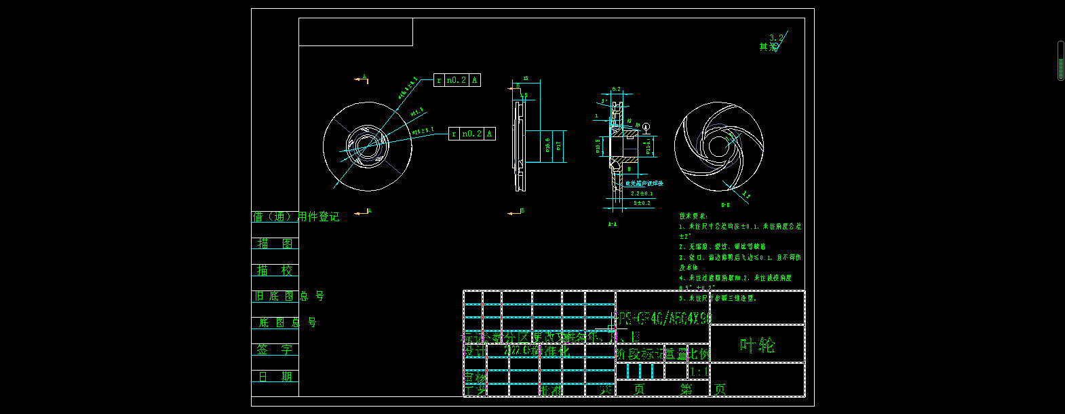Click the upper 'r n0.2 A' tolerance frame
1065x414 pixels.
[x=457, y=80]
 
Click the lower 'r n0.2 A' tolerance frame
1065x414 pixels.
[x=472, y=134]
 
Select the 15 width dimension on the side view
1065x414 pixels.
[x=526, y=79]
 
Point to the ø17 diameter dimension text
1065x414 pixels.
[x=558, y=146]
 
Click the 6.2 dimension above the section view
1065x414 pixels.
[x=616, y=90]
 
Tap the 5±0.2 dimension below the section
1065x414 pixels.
[x=642, y=203]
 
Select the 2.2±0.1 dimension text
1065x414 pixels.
[x=642, y=193]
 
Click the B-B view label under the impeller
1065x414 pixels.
[x=725, y=205]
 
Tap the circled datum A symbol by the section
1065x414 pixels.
[x=646, y=127]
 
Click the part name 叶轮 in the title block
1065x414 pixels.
[x=757, y=345]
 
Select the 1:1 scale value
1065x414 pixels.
[x=699, y=372]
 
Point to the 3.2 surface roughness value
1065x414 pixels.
[x=775, y=38]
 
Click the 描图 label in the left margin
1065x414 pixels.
[x=275, y=244]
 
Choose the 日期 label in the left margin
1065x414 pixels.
[x=275, y=376]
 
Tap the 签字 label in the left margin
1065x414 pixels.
[x=275, y=350]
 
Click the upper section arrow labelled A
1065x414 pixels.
[x=362, y=79]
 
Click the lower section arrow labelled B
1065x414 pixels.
[x=516, y=212]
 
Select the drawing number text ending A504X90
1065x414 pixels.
[x=663, y=318]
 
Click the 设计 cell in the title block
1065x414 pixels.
[x=475, y=352]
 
